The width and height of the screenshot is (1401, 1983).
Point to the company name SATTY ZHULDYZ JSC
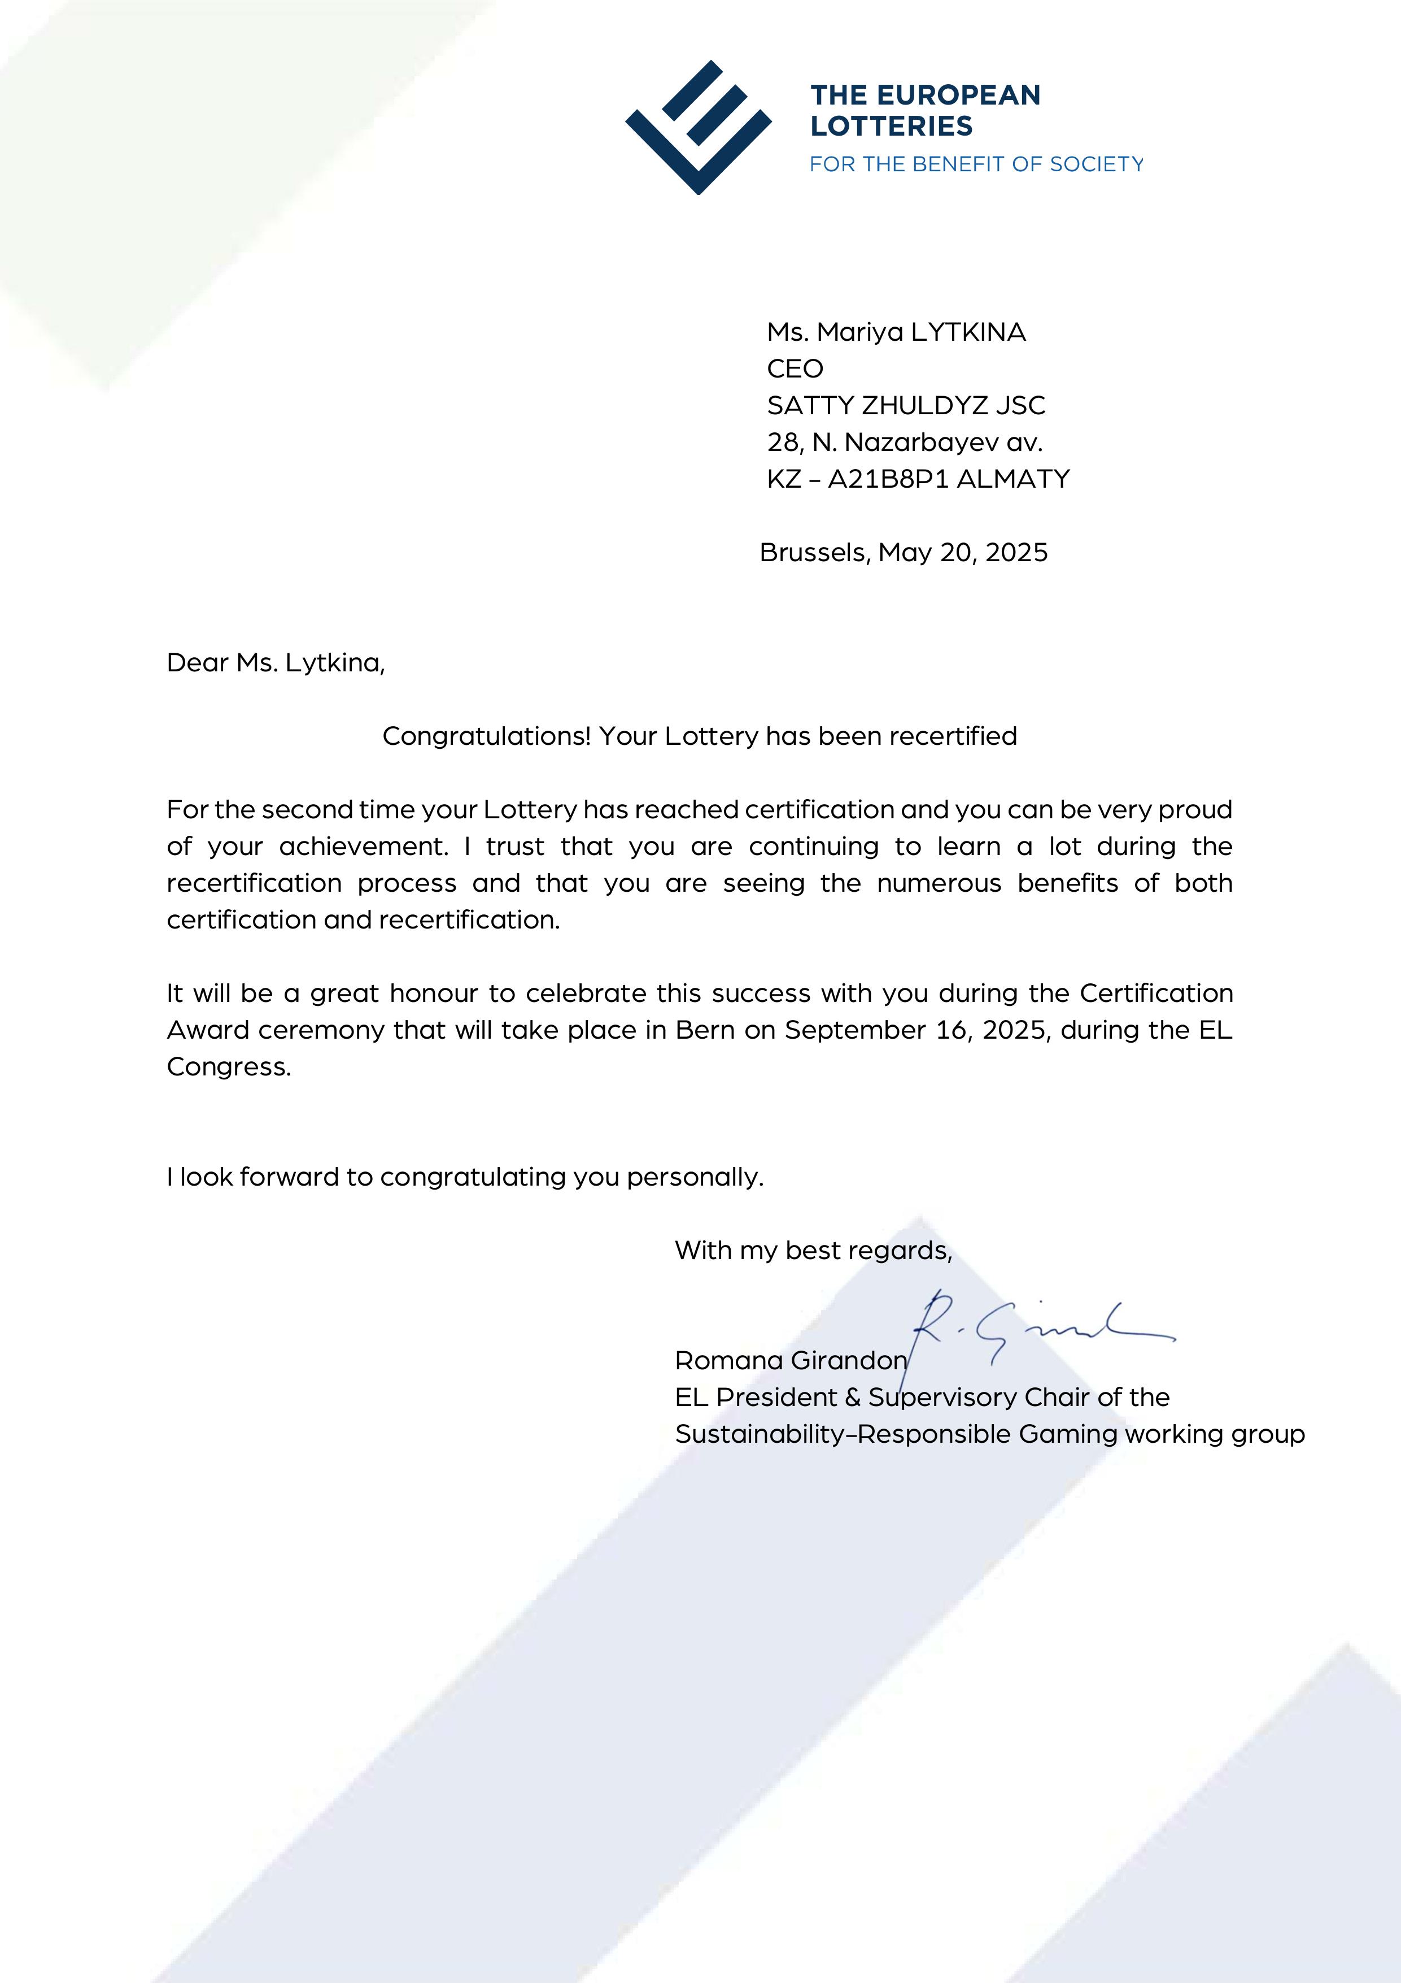point(906,405)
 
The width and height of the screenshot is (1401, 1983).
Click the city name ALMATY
point(1014,479)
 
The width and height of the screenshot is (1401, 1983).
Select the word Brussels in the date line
point(813,552)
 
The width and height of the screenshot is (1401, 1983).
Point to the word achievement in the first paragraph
point(363,847)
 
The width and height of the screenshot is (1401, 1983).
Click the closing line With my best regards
point(813,1251)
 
